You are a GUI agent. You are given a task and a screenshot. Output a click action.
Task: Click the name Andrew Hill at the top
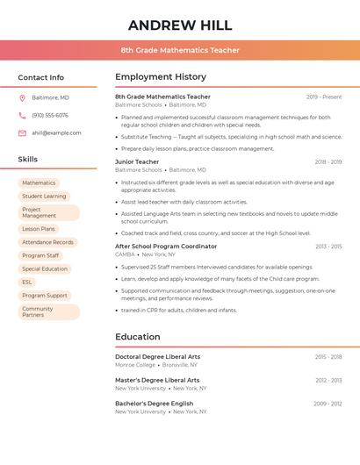(180, 25)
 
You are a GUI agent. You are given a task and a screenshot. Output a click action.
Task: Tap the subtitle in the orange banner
(180, 50)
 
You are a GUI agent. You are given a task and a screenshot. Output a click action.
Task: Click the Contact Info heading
(41, 77)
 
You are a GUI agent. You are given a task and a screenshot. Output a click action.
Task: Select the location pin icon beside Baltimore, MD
(22, 97)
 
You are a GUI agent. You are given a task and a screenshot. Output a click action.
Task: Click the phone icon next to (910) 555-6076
(22, 115)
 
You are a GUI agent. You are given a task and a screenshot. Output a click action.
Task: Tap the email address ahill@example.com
(56, 132)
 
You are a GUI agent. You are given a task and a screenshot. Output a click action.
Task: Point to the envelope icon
(22, 132)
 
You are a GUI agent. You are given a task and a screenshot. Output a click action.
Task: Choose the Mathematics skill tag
(39, 183)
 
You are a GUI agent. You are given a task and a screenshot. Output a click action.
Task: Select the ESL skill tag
(27, 283)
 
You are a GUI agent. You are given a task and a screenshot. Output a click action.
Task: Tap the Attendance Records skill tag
(47, 242)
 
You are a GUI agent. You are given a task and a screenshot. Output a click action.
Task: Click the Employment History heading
(161, 77)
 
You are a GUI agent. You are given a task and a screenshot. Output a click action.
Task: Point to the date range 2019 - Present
(324, 97)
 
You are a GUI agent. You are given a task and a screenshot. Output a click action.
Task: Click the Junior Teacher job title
(137, 161)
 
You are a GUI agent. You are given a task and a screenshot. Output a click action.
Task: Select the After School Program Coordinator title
(166, 247)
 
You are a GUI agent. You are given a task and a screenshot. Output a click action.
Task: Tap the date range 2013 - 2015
(328, 247)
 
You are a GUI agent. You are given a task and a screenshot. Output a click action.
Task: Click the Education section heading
(138, 337)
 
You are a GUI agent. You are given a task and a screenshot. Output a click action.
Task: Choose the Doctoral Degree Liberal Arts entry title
(157, 357)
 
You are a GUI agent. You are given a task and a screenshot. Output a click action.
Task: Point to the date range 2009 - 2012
(328, 404)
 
